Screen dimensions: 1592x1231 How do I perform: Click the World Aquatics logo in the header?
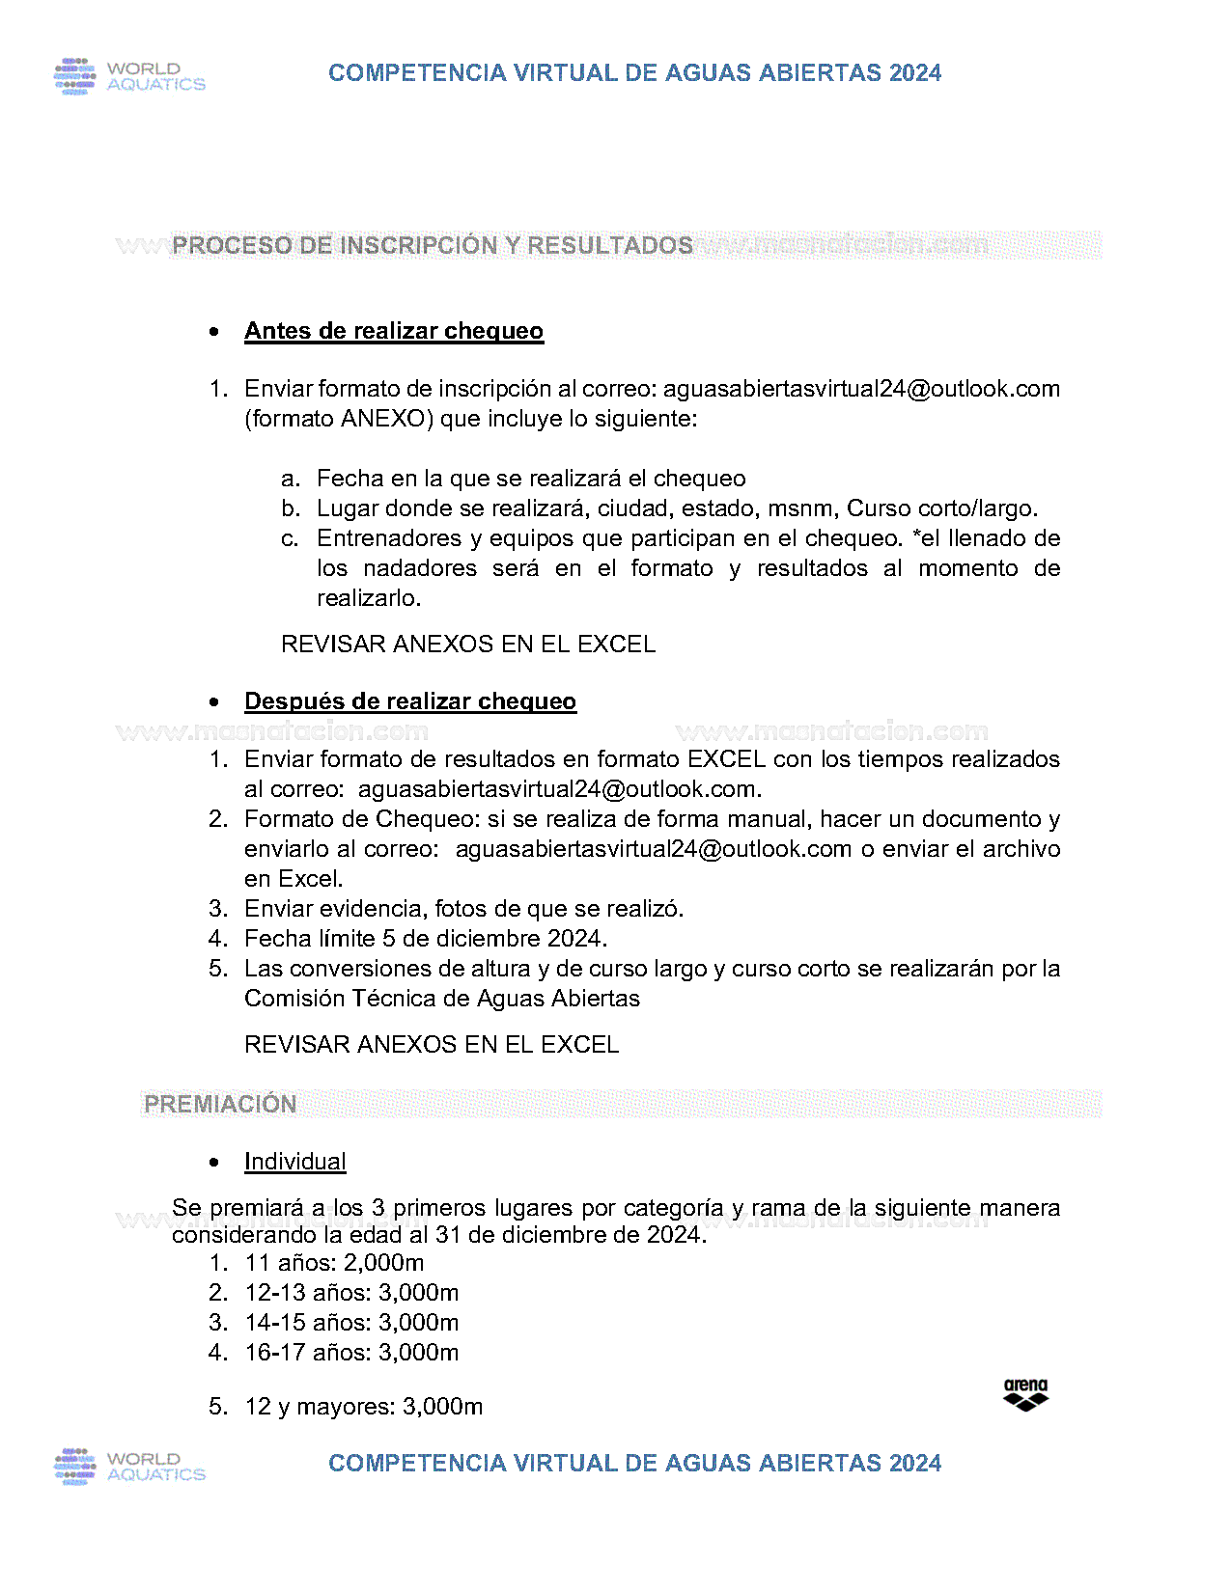point(129,76)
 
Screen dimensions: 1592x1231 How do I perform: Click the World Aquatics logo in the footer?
point(129,1467)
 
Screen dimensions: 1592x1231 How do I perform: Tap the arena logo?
point(1025,1395)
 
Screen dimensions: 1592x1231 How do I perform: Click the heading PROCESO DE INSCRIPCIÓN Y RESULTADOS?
point(433,246)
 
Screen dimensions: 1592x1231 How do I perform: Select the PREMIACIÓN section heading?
point(220,1105)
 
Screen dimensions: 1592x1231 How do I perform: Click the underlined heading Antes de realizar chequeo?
point(394,331)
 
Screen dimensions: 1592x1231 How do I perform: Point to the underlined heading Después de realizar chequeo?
point(410,701)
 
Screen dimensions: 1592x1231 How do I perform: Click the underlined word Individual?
point(295,1162)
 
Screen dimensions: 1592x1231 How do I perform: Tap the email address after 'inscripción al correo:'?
point(861,389)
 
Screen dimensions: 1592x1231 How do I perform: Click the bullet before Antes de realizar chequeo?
point(214,332)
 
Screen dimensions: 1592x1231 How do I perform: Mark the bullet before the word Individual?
point(214,1163)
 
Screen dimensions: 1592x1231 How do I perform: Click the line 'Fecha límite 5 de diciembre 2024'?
point(426,939)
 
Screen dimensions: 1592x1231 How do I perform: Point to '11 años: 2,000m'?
point(334,1263)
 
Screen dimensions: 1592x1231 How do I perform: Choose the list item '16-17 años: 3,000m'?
point(351,1353)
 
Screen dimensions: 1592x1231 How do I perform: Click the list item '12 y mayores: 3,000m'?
point(363,1407)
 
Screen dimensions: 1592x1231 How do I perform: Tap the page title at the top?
point(634,73)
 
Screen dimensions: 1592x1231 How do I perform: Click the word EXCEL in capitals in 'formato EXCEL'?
point(727,759)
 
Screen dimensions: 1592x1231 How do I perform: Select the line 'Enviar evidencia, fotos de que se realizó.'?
point(463,909)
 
